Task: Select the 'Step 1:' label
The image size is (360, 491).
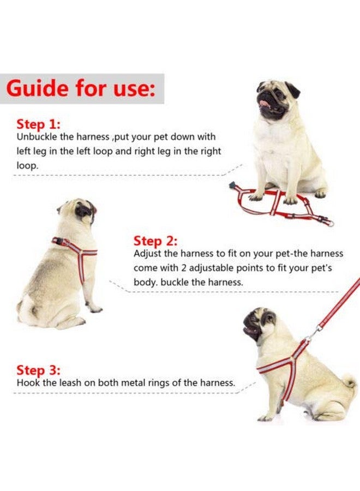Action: (39, 123)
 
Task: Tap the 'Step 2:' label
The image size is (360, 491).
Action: (156, 241)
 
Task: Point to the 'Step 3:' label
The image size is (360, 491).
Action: (39, 370)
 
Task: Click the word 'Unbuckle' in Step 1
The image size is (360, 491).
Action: (37, 137)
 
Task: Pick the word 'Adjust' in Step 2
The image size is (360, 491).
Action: (147, 254)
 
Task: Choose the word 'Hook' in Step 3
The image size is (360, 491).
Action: (28, 383)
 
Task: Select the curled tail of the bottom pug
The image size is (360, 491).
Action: (349, 382)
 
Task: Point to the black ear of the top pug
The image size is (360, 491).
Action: (293, 89)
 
